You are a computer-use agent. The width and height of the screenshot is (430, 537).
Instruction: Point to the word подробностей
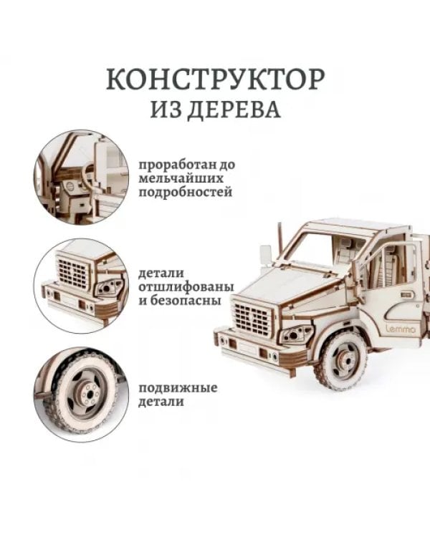[x=186, y=193]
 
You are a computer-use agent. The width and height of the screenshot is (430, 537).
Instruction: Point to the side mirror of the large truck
[x=265, y=253]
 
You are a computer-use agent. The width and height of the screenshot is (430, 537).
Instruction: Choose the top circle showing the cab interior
[x=81, y=176]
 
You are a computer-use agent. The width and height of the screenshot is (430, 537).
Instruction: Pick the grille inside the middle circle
[x=73, y=273]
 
